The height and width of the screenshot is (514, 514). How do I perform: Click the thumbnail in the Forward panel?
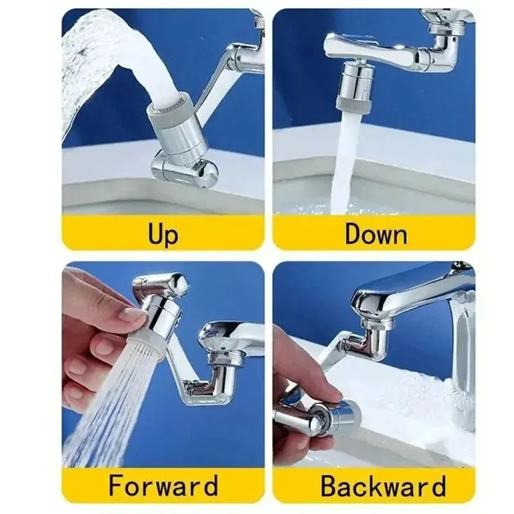click(133, 314)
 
